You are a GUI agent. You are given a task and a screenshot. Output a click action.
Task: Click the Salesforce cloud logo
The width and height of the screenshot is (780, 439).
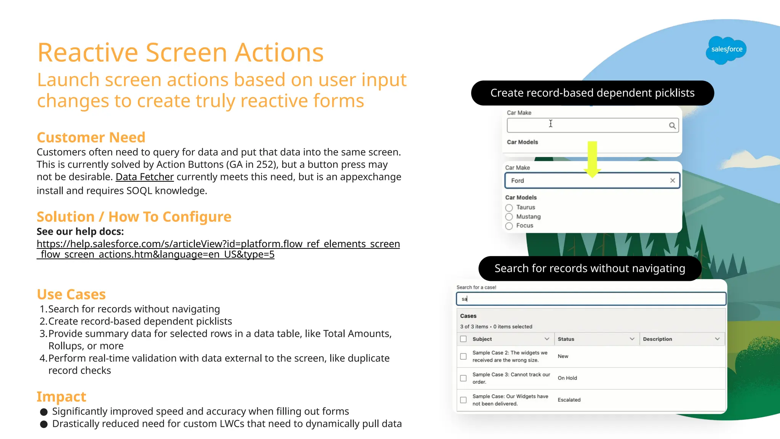(726, 50)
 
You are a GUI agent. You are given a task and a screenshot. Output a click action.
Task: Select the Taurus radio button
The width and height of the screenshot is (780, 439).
(509, 208)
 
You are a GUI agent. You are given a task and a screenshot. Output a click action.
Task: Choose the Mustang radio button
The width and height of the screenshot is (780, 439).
(509, 217)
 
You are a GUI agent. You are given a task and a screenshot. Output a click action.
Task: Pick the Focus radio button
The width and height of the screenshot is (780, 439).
(509, 226)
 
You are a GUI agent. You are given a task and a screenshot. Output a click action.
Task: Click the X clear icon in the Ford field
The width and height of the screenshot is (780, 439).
(672, 181)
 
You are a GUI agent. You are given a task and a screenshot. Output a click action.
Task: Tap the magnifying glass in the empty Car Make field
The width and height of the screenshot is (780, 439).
(672, 126)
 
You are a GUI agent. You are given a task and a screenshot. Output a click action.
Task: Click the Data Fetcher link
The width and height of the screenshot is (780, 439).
(144, 177)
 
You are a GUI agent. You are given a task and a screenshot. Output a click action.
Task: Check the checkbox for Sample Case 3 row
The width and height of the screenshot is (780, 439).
(463, 378)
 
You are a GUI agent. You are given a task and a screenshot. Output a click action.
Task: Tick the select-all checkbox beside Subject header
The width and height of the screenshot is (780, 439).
(463, 339)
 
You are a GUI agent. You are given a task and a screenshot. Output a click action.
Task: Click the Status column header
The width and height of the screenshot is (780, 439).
(566, 339)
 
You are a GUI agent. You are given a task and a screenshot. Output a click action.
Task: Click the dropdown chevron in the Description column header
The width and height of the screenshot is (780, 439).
(717, 339)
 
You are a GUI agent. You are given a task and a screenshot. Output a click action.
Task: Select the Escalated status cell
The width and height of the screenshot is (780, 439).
(569, 400)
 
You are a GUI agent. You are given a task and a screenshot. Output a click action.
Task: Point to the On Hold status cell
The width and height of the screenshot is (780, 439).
(567, 378)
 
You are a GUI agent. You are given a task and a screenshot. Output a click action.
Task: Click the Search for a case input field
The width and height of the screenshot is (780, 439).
(590, 299)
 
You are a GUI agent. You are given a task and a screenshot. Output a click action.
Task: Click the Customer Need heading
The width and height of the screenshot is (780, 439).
(91, 137)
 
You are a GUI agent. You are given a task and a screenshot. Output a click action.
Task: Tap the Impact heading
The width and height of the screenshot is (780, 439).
(61, 397)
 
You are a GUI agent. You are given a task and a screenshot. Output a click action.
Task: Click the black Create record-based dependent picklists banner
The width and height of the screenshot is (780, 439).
(592, 93)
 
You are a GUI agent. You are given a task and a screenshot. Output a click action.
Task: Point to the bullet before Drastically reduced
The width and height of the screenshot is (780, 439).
(44, 424)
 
